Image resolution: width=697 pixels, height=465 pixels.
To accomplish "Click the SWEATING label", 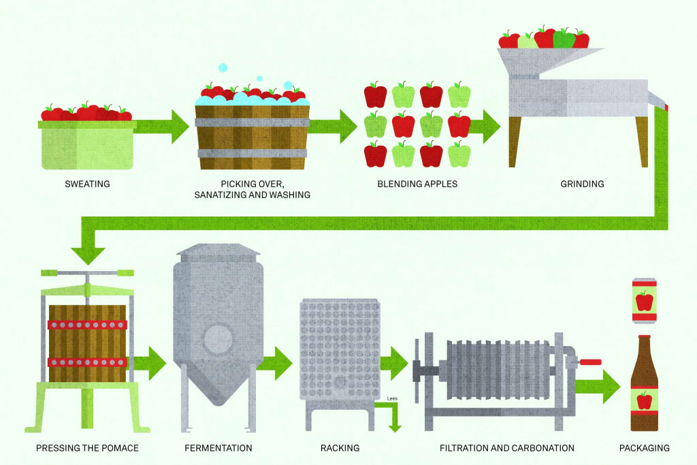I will (x=87, y=184).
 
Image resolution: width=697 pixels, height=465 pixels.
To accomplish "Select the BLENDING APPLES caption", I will (x=417, y=184).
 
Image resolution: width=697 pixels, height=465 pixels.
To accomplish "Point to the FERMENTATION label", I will (x=218, y=448).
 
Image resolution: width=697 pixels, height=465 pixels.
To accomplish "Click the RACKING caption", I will (x=340, y=448).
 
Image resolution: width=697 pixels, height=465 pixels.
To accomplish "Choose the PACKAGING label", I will (x=644, y=448).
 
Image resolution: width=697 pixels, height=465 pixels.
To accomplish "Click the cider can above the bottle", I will (x=643, y=300).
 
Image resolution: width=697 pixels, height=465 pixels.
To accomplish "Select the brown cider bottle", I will (x=644, y=388).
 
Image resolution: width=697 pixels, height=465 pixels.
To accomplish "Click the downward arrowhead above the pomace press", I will (x=88, y=255).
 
